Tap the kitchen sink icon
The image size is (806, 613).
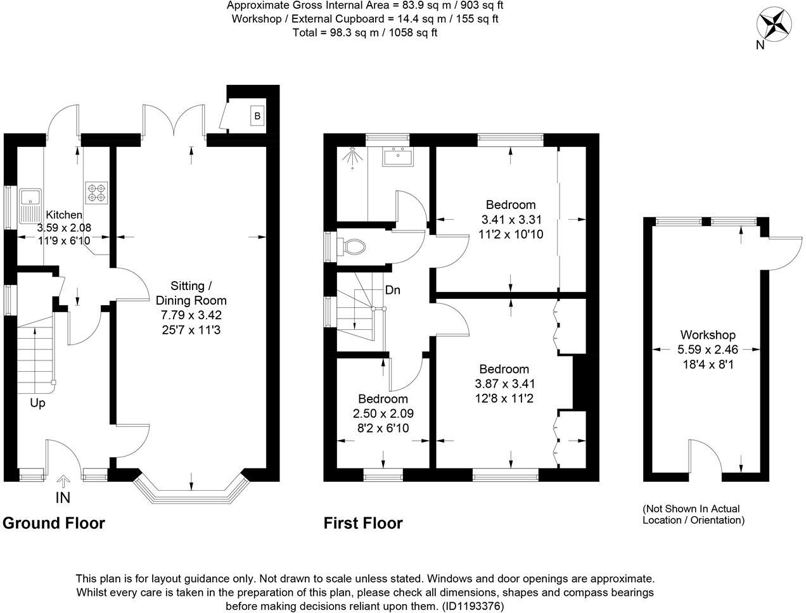pyautogui.click(x=30, y=205)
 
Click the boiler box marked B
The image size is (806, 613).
pyautogui.click(x=257, y=116)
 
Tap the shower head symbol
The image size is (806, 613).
pyautogui.click(x=350, y=158)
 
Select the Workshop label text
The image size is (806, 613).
pyautogui.click(x=707, y=335)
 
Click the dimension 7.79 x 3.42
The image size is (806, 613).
pyautogui.click(x=191, y=315)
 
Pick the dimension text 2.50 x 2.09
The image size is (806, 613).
pyautogui.click(x=383, y=414)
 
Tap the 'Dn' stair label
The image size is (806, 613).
pyautogui.click(x=392, y=290)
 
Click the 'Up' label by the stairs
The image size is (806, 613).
pyautogui.click(x=37, y=403)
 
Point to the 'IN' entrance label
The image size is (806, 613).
pyautogui.click(x=63, y=498)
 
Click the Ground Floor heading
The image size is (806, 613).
pyautogui.click(x=54, y=523)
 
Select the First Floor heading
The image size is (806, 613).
pyautogui.click(x=362, y=523)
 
